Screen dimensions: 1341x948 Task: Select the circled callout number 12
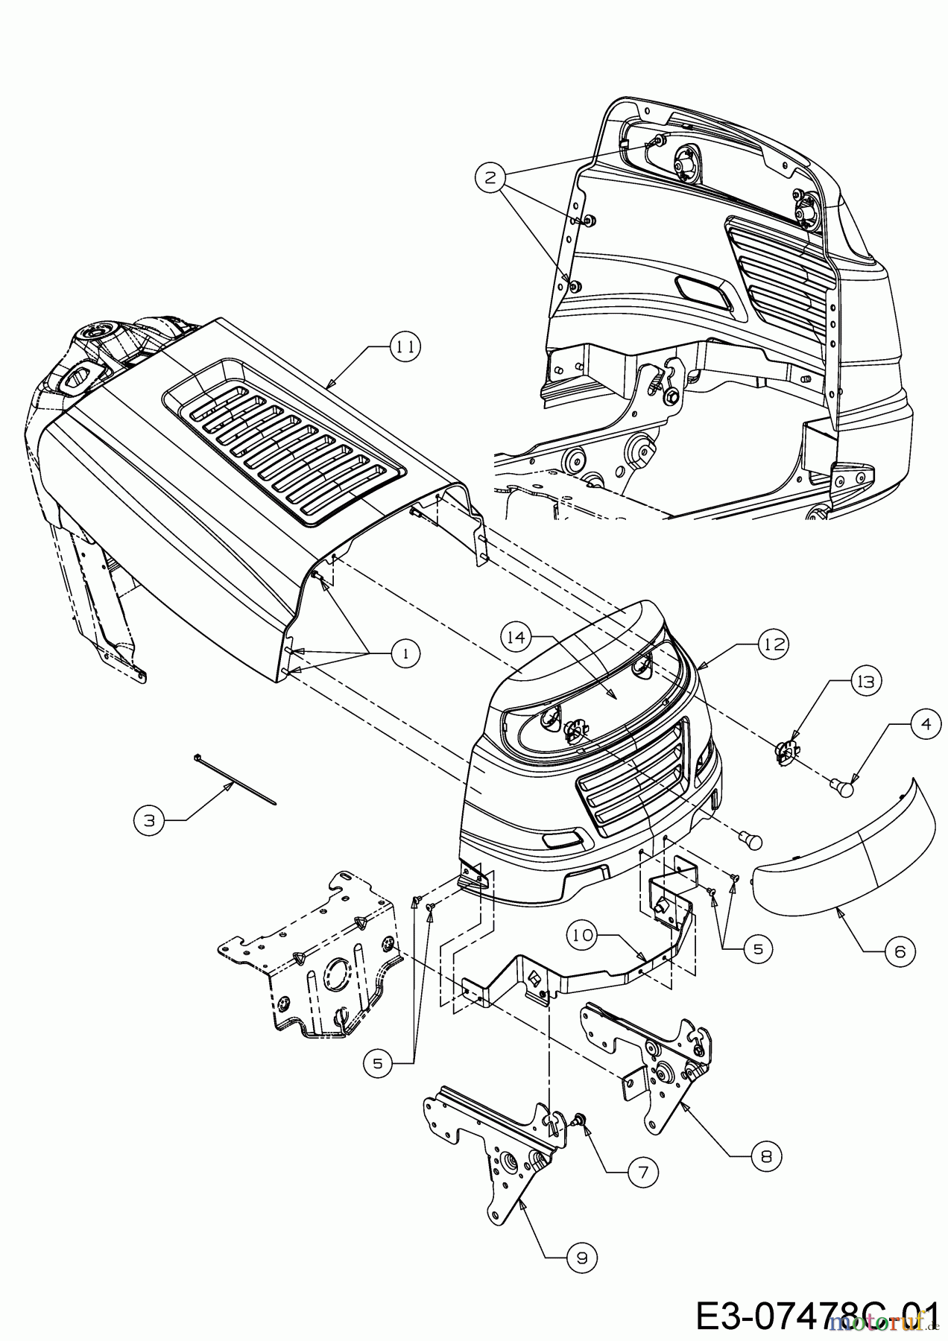click(774, 644)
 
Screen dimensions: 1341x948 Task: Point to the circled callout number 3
click(149, 820)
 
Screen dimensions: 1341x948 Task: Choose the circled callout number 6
click(899, 951)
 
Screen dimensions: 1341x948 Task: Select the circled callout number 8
click(767, 1155)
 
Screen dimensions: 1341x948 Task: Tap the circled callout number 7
click(642, 1172)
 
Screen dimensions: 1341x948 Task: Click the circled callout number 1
click(405, 653)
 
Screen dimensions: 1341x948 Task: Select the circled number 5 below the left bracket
click(379, 1064)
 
